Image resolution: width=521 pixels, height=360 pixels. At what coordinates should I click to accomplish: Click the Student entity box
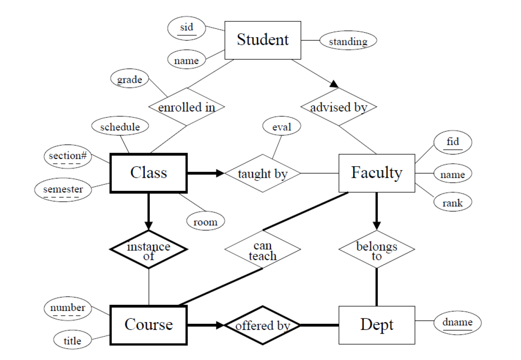pos(263,40)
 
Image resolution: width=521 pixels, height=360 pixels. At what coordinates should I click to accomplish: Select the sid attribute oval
pos(187,28)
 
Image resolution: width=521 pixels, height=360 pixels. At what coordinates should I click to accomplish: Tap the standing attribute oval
pos(348,42)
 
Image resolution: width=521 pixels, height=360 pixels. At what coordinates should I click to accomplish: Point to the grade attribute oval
pos(130,80)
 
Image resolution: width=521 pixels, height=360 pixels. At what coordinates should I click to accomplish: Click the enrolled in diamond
pos(187,107)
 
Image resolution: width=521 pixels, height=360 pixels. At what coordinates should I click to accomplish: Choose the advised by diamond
pos(339,107)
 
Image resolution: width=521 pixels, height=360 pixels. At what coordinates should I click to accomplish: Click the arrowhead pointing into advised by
pos(335,85)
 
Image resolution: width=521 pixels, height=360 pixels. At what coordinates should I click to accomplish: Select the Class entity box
pos(149,173)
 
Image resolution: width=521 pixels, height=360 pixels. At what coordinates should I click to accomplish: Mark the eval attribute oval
pos(282,127)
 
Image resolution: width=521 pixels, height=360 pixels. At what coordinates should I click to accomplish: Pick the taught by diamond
pos(262,174)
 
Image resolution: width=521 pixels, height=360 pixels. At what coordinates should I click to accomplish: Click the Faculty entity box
pos(377,173)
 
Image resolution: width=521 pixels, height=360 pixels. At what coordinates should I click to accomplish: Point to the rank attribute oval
pos(453,203)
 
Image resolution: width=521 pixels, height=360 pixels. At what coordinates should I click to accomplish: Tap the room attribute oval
pos(205,222)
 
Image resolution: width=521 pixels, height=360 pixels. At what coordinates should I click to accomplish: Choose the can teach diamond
pos(262,250)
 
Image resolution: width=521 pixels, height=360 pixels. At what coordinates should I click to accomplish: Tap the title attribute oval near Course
pos(72,341)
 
